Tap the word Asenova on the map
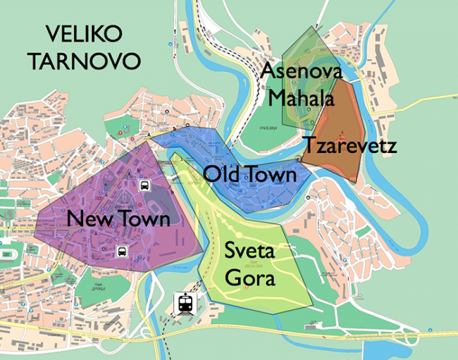click(x=301, y=72)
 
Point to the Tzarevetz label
click(x=349, y=147)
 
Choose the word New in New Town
click(x=87, y=219)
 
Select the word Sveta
click(x=250, y=251)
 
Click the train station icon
click(x=185, y=304)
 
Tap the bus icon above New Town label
click(x=144, y=186)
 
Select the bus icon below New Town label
click(x=121, y=251)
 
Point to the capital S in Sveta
click(x=230, y=251)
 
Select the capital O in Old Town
click(x=211, y=173)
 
